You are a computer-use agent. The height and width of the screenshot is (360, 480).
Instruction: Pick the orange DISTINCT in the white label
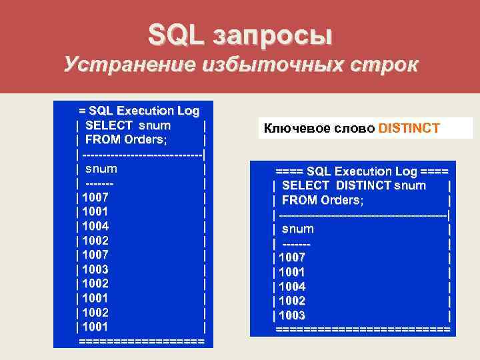coord(409,128)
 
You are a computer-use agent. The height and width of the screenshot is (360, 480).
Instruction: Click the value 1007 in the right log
coord(292,257)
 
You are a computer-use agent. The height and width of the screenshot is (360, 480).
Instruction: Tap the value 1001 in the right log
coord(292,272)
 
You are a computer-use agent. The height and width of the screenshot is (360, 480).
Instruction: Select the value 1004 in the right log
coord(292,287)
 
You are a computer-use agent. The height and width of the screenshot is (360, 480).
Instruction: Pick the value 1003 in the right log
coord(292,315)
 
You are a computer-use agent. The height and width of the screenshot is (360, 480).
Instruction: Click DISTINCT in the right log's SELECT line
coord(363,185)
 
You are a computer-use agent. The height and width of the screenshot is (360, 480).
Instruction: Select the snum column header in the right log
coord(297,229)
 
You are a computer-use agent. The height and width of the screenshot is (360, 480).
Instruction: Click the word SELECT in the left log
coord(109,125)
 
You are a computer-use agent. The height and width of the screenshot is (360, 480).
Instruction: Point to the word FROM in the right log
coord(298,200)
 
